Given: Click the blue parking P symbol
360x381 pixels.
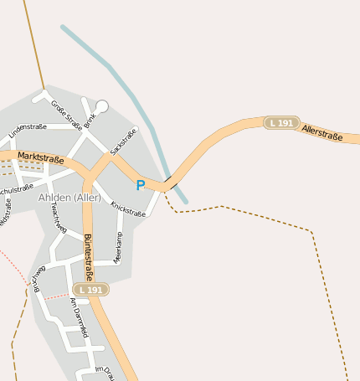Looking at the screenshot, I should [x=140, y=185].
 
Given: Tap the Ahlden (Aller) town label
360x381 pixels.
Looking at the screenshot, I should [x=69, y=198].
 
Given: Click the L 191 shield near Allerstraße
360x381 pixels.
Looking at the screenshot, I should [x=281, y=123].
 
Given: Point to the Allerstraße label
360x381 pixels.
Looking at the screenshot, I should [x=321, y=131].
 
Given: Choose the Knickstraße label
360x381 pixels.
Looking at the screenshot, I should [x=128, y=209].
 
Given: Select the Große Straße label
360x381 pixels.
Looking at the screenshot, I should [x=66, y=115].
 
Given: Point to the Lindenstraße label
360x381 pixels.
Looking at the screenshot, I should [x=27, y=129].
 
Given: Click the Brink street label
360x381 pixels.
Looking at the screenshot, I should [x=90, y=121].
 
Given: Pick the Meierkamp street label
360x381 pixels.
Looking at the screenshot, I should [x=118, y=248].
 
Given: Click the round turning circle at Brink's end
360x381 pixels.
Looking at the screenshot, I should [x=102, y=106].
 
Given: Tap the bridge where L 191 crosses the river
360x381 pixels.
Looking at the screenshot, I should [x=170, y=183].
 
